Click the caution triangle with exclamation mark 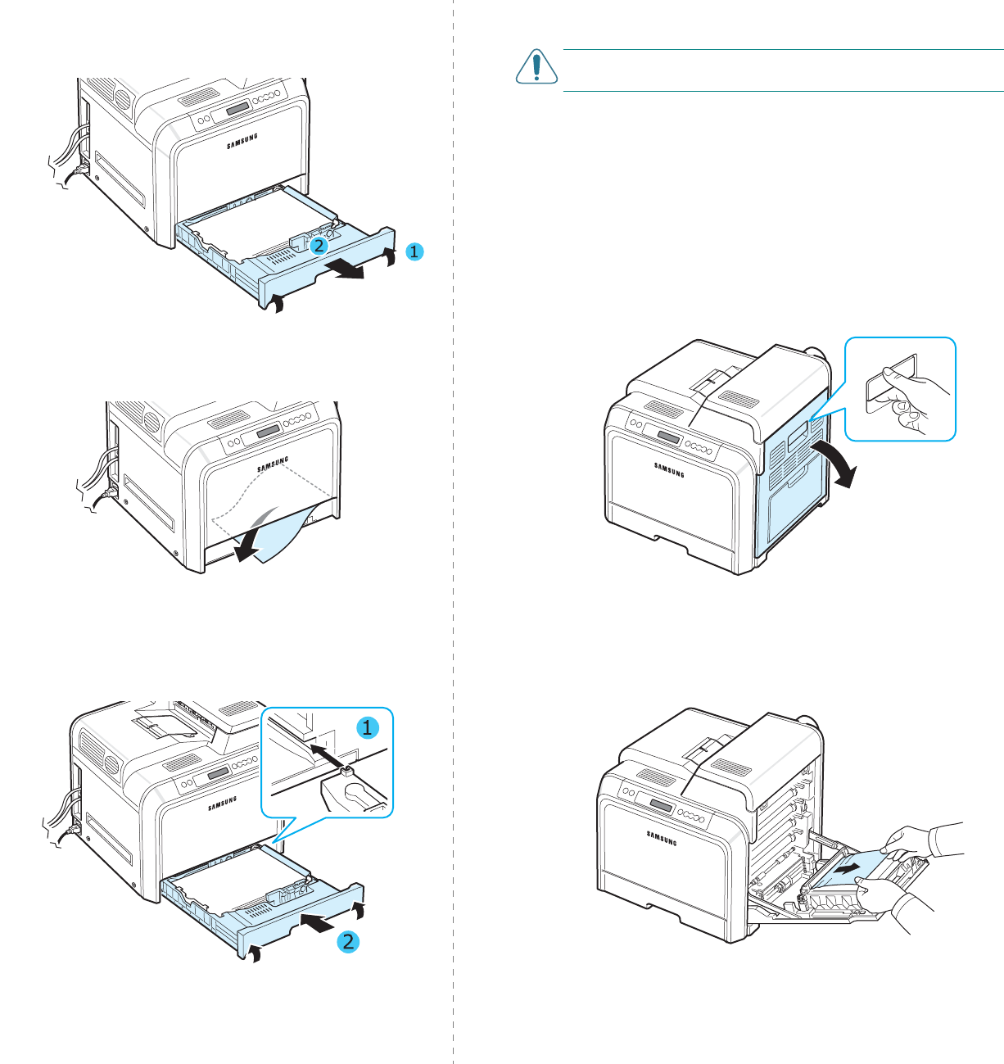click(x=536, y=67)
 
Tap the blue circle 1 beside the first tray click(x=414, y=251)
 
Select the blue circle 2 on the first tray click(x=319, y=244)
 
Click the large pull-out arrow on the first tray click(x=343, y=270)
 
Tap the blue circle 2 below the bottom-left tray click(x=349, y=941)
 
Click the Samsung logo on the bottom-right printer click(x=663, y=837)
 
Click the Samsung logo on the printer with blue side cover click(x=669, y=469)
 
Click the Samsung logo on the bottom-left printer click(x=222, y=803)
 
